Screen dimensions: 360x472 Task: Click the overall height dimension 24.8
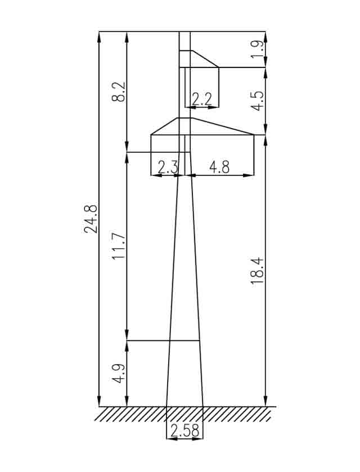click(x=91, y=219)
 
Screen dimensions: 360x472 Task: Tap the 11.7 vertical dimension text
click(x=118, y=246)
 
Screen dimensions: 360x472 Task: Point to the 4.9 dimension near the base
click(x=119, y=374)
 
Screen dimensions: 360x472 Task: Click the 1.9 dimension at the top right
click(x=258, y=49)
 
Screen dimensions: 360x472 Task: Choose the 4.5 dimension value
click(x=258, y=101)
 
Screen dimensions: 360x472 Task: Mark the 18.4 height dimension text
click(x=258, y=271)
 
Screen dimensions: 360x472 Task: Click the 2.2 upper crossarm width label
click(x=202, y=99)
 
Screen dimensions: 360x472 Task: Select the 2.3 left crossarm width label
click(x=168, y=167)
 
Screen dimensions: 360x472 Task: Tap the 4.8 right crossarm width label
click(x=219, y=167)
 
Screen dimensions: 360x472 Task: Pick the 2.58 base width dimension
click(x=185, y=430)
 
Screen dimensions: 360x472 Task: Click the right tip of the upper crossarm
click(x=219, y=67)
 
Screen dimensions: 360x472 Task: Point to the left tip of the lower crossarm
click(x=151, y=134)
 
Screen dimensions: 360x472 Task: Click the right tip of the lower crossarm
click(x=254, y=134)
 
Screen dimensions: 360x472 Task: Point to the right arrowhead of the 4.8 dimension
click(x=249, y=175)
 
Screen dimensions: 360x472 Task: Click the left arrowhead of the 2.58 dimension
click(x=172, y=439)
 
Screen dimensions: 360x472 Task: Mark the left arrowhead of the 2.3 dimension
click(x=156, y=175)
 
